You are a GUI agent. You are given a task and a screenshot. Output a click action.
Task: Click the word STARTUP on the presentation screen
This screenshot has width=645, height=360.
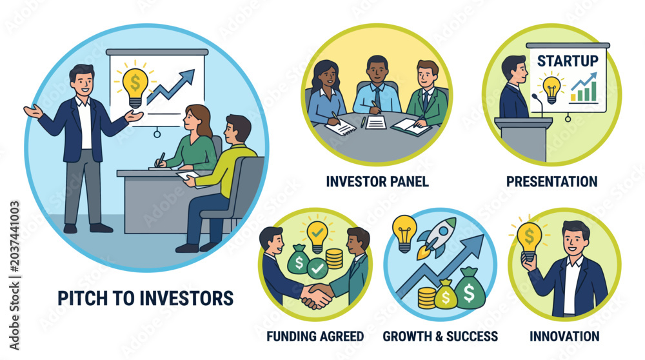pos(568,61)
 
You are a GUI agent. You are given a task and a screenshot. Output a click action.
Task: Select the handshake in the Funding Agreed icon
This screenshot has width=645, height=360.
pos(316,295)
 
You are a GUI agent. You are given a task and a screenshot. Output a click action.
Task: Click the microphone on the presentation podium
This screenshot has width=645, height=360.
pos(538,105)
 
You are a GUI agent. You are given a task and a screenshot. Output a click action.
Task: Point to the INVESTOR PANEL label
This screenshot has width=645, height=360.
pos(377,181)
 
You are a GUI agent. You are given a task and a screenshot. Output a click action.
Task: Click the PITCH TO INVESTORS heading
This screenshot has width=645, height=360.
pos(146,298)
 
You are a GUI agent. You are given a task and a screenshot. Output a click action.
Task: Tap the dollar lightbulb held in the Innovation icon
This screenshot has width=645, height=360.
pos(530,240)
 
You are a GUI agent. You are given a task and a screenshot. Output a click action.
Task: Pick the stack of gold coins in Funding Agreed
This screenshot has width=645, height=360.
pos(334,258)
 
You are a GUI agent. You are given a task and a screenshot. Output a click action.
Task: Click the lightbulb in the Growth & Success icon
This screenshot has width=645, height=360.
pos(404,233)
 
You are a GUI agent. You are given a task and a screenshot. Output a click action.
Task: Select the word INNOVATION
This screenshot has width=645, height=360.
pos(564,336)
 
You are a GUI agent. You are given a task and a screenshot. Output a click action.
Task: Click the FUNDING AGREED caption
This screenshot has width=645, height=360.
pos(315,336)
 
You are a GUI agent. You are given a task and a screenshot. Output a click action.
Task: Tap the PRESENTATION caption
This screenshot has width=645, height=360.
pos(551,181)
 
